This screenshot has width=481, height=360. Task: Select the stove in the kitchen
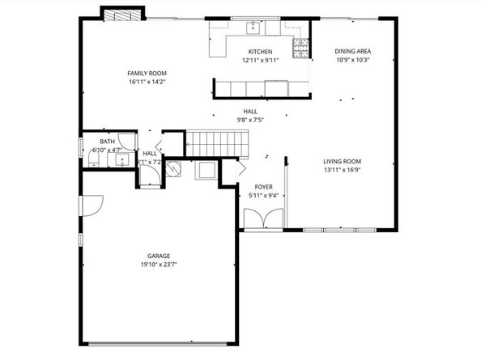pyautogui.click(x=301, y=46)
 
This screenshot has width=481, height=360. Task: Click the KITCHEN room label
pyautogui.click(x=260, y=52)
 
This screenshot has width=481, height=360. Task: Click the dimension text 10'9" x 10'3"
pyautogui.click(x=352, y=60)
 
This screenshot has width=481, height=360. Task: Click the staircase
pyautogui.click(x=215, y=144)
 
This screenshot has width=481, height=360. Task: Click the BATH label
pyautogui.click(x=107, y=142)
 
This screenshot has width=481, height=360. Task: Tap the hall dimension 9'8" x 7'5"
pyautogui.click(x=251, y=120)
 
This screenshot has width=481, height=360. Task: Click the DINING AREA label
pyautogui.click(x=352, y=52)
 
